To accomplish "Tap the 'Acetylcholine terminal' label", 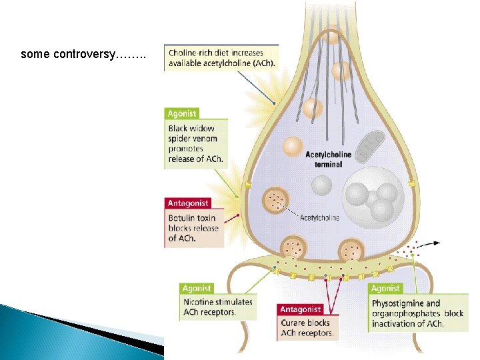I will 324,159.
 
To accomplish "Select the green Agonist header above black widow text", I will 182,114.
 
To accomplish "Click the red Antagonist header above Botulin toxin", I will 187,203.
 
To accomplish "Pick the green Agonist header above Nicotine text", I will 197,289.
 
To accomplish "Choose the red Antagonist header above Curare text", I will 301,310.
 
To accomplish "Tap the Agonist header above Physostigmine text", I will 385,289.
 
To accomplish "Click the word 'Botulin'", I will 183,218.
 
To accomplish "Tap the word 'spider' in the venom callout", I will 181,139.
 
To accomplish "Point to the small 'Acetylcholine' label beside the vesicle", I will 319,217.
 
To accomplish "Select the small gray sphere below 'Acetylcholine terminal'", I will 323,185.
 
